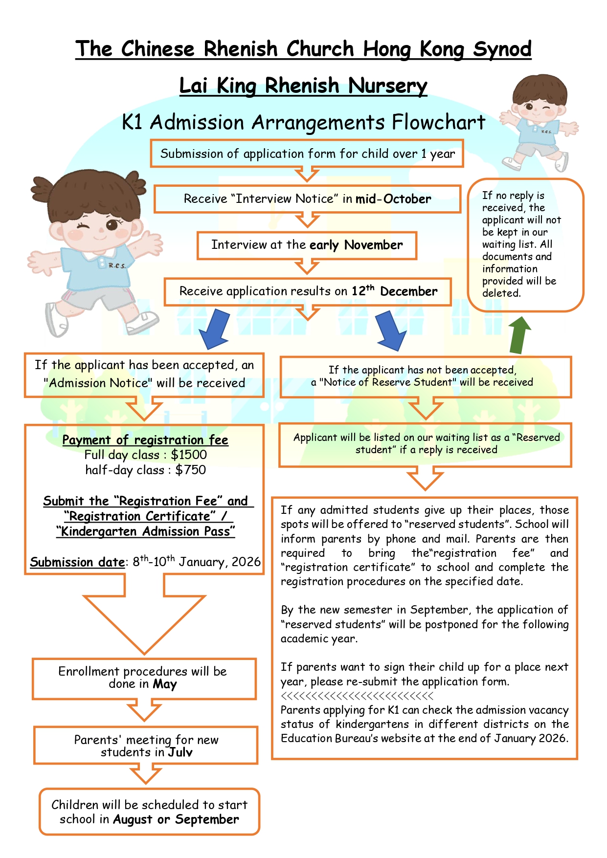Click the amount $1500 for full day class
click(x=189, y=455)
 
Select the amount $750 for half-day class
click(x=191, y=470)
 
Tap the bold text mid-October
click(x=393, y=199)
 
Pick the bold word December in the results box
click(x=408, y=291)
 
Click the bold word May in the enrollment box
click(x=165, y=684)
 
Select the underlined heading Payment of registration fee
click(x=145, y=440)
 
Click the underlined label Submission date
click(x=77, y=562)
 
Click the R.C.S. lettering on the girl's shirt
click(x=117, y=265)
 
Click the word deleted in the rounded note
click(x=501, y=293)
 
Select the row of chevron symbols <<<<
click(x=357, y=696)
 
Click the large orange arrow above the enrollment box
click(x=144, y=614)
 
